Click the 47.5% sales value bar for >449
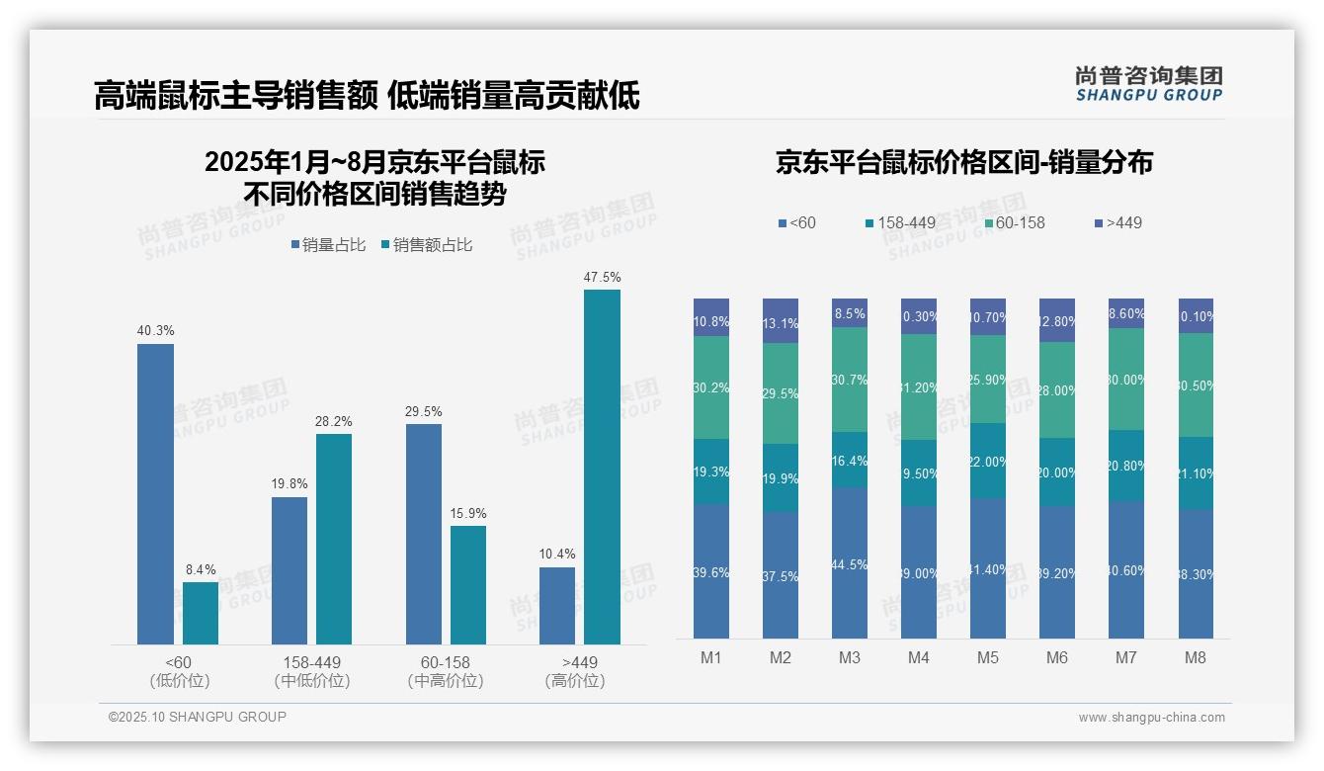pos(602,467)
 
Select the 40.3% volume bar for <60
pos(155,494)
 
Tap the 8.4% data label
pos(201,570)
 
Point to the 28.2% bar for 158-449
pos(334,539)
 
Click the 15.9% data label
pos(468,514)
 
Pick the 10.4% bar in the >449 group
pos(557,605)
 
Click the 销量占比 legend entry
pos(328,245)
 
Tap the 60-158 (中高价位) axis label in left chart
pos(445,671)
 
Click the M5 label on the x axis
pos(988,657)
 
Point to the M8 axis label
pos(1196,657)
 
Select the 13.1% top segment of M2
pos(781,321)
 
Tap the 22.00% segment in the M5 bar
pos(988,461)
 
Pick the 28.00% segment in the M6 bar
pos(1057,390)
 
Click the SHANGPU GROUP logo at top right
pos(1148,84)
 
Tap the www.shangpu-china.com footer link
pos(1151,718)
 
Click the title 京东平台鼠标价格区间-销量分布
pos(963,163)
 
